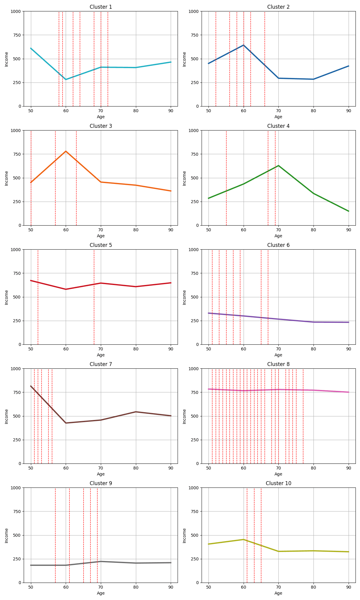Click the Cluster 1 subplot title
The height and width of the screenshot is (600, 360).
pyautogui.click(x=101, y=7)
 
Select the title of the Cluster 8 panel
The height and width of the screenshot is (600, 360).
pyautogui.click(x=278, y=364)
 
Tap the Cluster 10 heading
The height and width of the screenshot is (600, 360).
pyautogui.click(x=278, y=483)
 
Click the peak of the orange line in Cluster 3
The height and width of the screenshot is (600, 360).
pyautogui.click(x=66, y=151)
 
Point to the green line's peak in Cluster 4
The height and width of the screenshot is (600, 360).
pyautogui.click(x=278, y=166)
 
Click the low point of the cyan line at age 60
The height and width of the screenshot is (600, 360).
pyautogui.click(x=66, y=79)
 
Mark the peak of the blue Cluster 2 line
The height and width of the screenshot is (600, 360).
pyautogui.click(x=243, y=45)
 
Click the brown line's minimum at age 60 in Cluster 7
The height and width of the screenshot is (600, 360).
pyautogui.click(x=66, y=423)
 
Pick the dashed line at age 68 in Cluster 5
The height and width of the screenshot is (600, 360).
pyautogui.click(x=94, y=315)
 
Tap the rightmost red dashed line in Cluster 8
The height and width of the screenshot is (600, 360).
pyautogui.click(x=303, y=435)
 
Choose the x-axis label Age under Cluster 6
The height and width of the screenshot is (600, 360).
pyautogui.click(x=278, y=355)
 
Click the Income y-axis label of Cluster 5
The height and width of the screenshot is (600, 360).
pyautogui.click(x=7, y=297)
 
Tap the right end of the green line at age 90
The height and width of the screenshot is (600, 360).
pyautogui.click(x=349, y=211)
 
